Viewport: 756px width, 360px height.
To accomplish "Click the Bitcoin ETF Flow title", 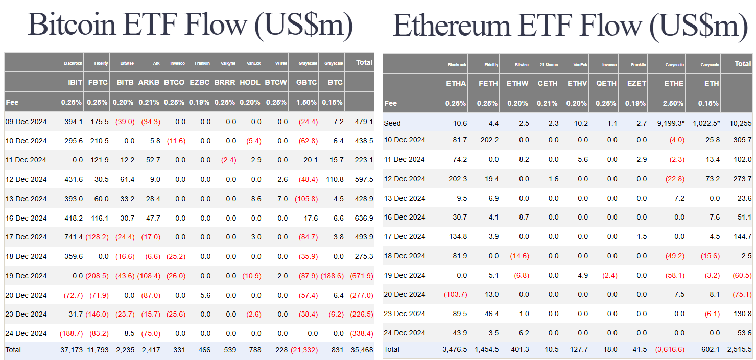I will tap(190, 25).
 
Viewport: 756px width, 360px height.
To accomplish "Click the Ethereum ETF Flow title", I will tap(571, 25).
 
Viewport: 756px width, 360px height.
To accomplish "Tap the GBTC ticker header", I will tap(306, 82).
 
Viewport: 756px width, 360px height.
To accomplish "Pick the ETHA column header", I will tap(456, 83).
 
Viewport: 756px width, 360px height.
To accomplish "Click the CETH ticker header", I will tap(547, 83).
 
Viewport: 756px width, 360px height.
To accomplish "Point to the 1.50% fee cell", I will tap(306, 102).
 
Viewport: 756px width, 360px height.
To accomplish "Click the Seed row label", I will tap(392, 123).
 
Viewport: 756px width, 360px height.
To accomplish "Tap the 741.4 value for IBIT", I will tap(72, 237).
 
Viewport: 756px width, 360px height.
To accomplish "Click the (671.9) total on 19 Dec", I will tap(361, 276).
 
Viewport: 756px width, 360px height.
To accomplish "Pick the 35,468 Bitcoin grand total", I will tap(362, 350).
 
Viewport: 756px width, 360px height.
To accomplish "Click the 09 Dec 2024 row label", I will tap(26, 122).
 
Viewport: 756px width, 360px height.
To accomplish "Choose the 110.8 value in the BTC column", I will tap(333, 179).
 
